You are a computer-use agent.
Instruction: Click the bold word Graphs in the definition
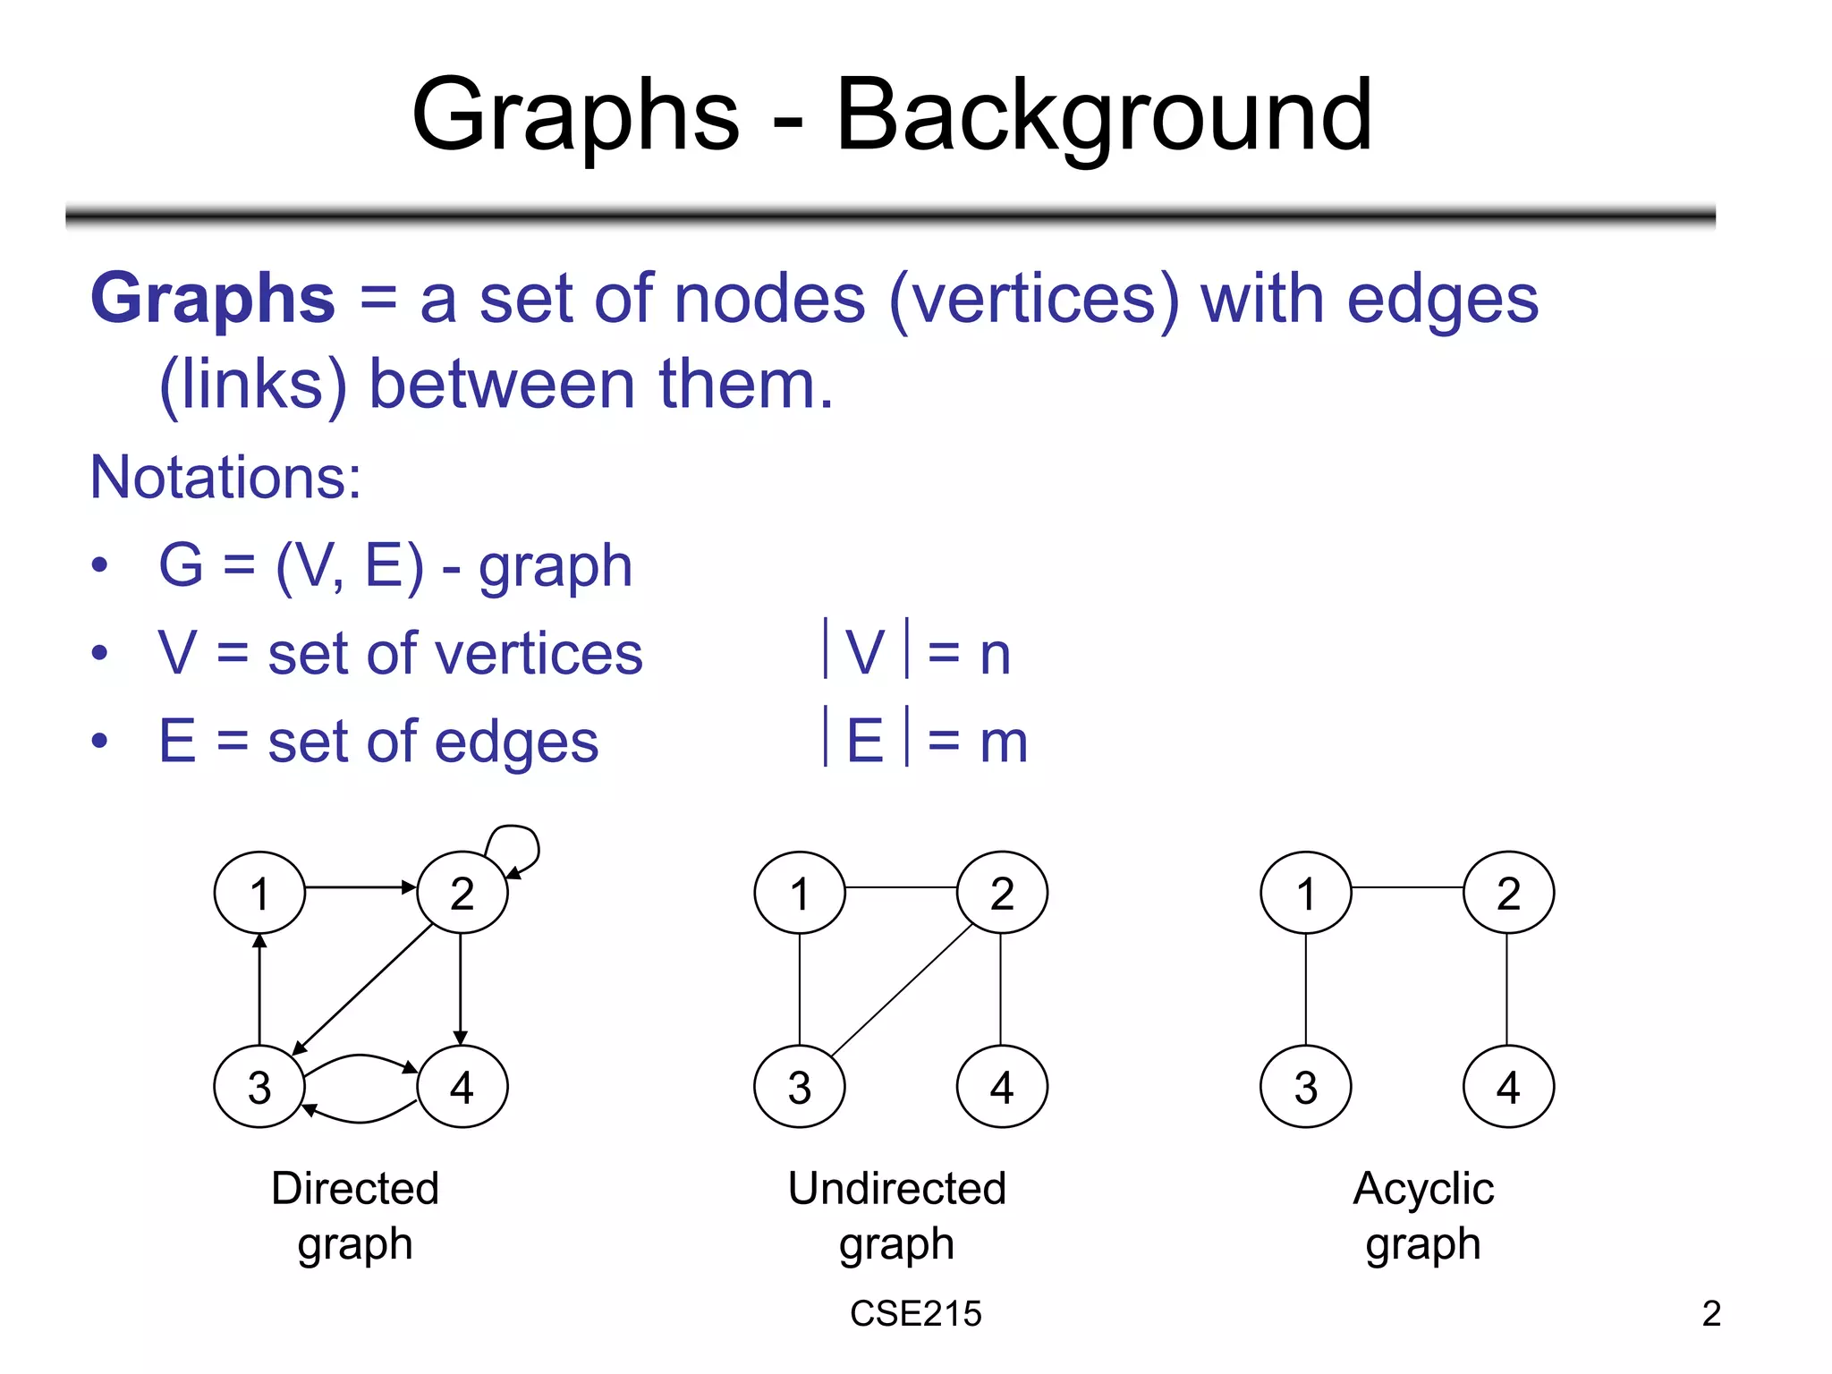213,298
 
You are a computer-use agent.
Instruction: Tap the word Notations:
225,477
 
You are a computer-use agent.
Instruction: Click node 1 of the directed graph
259,892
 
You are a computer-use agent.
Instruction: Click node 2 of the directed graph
462,892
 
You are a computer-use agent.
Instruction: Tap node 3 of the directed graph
259,1086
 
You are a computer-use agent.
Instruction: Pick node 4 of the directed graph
462,1086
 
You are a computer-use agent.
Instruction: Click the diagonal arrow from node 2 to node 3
362,988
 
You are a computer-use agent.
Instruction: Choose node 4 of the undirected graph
1002,1086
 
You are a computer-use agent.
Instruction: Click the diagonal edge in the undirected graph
902,989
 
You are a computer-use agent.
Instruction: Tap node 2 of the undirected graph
1002,892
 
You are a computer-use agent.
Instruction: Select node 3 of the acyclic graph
1305,1086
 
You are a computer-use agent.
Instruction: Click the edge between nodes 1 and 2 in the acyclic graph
1407,887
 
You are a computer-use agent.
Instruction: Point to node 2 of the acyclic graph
1508,892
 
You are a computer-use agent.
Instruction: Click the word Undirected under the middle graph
897,1189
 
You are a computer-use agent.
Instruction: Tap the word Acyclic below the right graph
1423,1189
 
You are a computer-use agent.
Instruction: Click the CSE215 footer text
915,1313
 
